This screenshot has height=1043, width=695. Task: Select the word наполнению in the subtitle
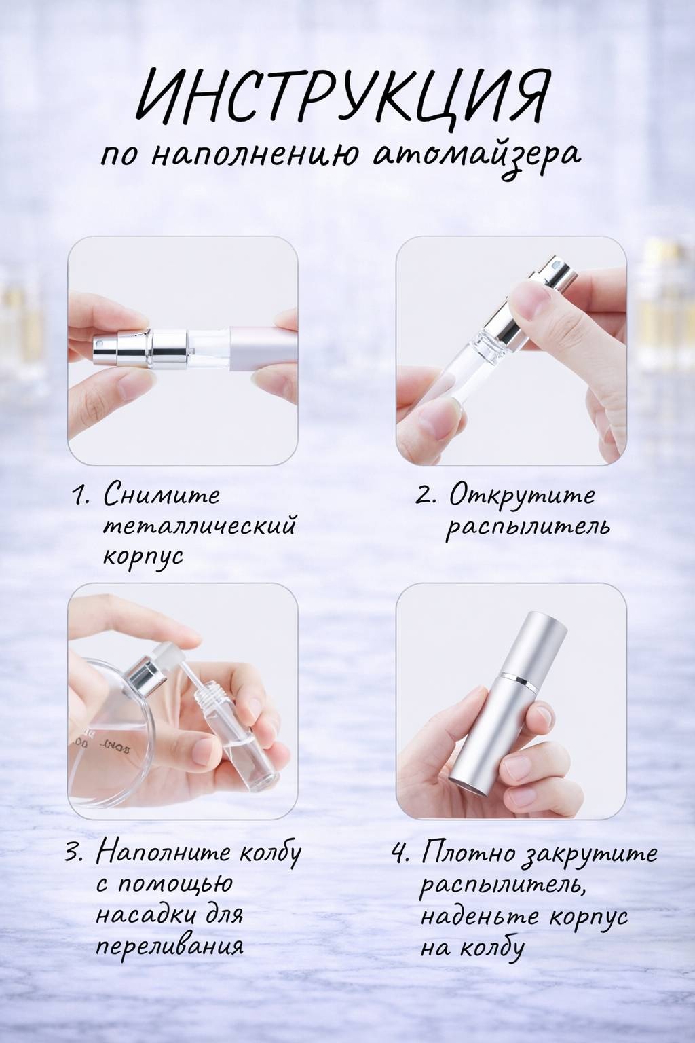pos(252,156)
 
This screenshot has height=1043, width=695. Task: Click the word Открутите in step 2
pos(522,496)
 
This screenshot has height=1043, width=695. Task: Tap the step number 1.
pos(81,496)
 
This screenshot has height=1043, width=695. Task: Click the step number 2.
pos(426,496)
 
